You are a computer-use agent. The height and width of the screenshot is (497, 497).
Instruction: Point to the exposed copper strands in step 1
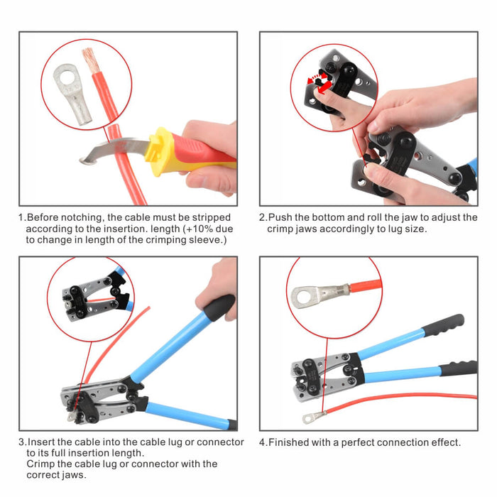[x=90, y=60]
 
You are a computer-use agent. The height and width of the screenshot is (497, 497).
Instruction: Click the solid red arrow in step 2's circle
[x=324, y=88]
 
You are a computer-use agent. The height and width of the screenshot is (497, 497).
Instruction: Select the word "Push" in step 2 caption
[x=280, y=217]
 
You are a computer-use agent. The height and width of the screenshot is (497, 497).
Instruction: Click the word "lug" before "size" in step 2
[x=395, y=229]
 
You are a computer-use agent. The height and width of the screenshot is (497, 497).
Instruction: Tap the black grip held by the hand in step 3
[x=219, y=307]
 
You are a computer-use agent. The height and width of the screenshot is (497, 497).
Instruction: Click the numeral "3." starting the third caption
[x=23, y=442]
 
